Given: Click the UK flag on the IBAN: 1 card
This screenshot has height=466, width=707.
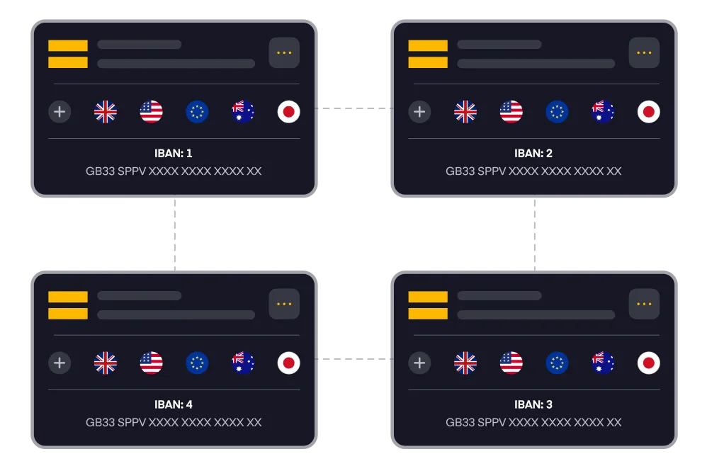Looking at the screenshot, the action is [106, 112].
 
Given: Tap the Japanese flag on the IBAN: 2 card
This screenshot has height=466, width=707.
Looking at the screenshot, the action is [648, 112].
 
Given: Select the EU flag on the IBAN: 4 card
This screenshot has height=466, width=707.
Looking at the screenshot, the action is [197, 363].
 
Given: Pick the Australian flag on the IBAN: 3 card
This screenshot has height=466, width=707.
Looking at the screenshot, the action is [603, 363].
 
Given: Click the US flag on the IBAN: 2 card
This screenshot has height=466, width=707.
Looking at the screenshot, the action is [511, 112].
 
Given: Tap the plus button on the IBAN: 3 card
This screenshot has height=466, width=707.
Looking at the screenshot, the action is [419, 363].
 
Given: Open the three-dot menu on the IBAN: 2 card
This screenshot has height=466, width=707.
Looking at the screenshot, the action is [644, 52].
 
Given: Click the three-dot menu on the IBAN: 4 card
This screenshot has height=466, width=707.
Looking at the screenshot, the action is [284, 304].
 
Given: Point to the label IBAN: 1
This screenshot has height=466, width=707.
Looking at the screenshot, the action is [174, 153].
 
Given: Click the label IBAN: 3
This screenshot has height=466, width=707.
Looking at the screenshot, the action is [533, 404].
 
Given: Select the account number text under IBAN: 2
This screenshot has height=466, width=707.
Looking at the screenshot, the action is [533, 171].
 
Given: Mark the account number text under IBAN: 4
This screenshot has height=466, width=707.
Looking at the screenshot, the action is [174, 422].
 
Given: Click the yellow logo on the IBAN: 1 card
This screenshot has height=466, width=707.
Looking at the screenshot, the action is [68, 54].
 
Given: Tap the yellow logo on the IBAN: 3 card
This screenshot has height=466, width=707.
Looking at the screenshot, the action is [428, 305].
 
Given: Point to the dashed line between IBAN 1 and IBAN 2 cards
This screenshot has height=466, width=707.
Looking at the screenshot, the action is [354, 108].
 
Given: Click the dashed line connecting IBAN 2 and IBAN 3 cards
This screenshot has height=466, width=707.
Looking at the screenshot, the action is [535, 234].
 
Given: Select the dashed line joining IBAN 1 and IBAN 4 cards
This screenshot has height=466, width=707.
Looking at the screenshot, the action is [175, 234].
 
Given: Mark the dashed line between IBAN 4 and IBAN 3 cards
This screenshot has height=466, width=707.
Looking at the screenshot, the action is [354, 359].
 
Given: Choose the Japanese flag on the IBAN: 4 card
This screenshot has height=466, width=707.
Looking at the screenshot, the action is [288, 363].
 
